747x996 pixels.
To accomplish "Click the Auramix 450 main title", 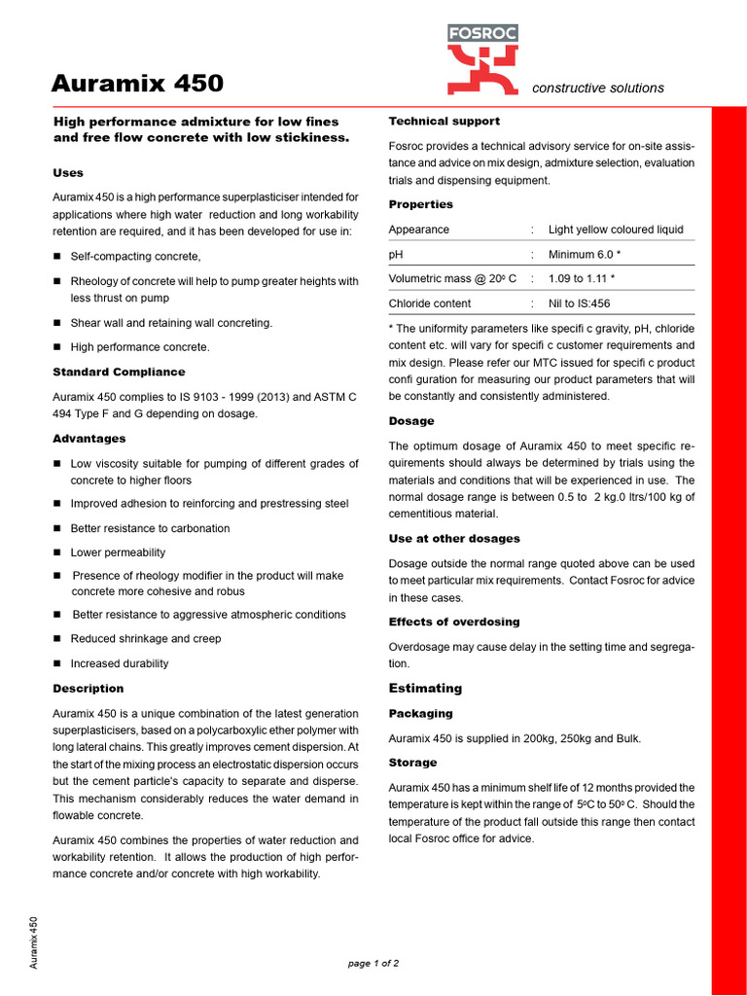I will (x=137, y=84).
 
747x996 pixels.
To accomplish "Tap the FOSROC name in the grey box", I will (x=482, y=33).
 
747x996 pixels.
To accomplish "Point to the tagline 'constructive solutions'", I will (x=598, y=89).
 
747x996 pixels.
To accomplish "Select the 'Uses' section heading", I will (x=68, y=173).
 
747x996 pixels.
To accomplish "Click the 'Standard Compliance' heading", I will (x=119, y=372).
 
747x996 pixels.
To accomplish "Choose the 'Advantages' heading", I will (x=89, y=439).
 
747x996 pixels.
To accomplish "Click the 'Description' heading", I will (x=89, y=689).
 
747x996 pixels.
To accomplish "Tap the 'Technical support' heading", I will (x=445, y=122).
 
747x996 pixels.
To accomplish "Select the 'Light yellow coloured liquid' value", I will (x=616, y=230).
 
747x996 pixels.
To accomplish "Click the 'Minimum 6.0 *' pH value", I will (x=585, y=254).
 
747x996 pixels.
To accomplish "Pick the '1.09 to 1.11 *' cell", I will (x=582, y=278).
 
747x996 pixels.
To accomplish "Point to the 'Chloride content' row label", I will (x=430, y=303).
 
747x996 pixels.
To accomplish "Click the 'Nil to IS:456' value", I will (x=581, y=303).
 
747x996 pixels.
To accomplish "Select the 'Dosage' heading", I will (x=411, y=421).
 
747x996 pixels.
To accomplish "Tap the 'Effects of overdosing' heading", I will (x=454, y=622).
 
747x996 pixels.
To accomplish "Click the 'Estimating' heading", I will (x=425, y=689).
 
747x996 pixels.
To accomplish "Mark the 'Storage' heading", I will (x=413, y=763).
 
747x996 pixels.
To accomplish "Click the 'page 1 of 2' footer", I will (x=373, y=963).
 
